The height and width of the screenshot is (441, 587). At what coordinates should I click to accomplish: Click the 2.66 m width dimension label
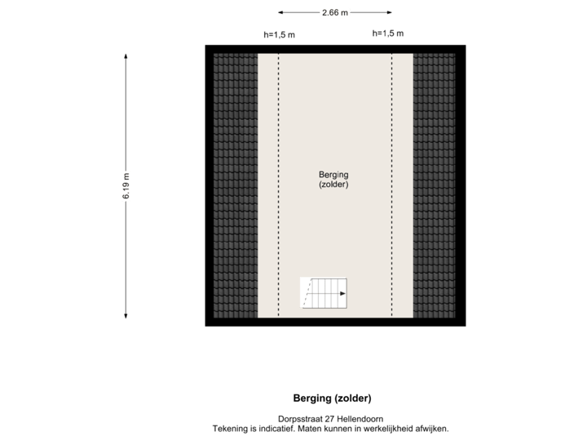(334, 12)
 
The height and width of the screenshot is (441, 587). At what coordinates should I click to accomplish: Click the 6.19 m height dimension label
(126, 186)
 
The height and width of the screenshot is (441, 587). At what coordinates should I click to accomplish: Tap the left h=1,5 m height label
(279, 34)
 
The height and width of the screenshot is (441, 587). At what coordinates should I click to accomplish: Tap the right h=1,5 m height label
(388, 33)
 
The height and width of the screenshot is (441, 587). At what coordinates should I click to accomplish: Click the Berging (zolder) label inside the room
(334, 179)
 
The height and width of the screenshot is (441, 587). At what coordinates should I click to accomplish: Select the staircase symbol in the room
(325, 292)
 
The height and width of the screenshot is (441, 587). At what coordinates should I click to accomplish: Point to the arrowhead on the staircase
(344, 292)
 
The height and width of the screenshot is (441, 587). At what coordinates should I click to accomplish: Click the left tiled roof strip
(236, 185)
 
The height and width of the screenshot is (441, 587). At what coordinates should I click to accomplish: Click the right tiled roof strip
(435, 185)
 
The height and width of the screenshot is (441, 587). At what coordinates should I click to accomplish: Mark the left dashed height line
(279, 185)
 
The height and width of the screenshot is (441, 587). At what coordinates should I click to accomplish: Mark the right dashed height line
(391, 185)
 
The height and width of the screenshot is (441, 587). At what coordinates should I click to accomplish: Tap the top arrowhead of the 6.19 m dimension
(126, 56)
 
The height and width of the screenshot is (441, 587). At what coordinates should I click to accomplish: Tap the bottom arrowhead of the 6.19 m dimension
(126, 317)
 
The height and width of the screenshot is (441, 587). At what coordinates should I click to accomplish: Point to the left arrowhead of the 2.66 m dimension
(281, 12)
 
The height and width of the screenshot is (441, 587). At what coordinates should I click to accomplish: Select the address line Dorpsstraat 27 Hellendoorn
(330, 419)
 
